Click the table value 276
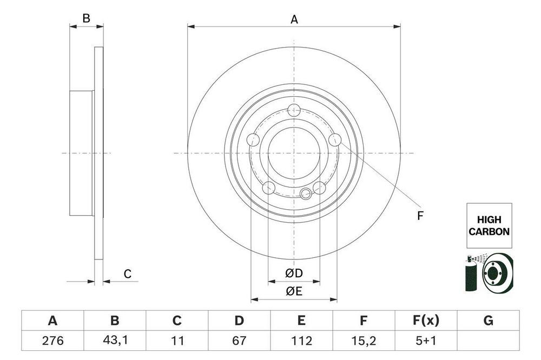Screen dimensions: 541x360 pos(52,341)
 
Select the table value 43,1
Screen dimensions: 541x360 pos(115,341)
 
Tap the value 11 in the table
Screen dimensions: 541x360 pos(177,341)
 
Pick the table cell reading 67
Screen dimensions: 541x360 pos(239,341)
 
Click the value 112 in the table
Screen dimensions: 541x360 pos(301,341)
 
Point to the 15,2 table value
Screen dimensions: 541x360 pos(364,341)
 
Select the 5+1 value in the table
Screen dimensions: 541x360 pos(426,341)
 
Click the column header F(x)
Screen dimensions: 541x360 pos(426,321)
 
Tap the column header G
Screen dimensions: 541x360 pos(488,321)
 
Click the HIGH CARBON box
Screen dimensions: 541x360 pos(489,225)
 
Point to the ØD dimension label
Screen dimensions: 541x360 pos(294,273)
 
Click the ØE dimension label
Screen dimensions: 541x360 pos(294,291)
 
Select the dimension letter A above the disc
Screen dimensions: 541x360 pos(294,19)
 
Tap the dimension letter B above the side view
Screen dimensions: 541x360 pos(86,18)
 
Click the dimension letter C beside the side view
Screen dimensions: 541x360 pos(128,274)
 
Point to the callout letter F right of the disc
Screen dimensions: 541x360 pos(420,216)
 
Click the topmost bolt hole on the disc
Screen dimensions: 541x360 pos(294,110)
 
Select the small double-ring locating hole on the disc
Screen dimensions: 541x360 pos(306,194)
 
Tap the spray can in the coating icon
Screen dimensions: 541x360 pos(471,274)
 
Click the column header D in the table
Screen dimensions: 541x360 pos(239,321)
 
